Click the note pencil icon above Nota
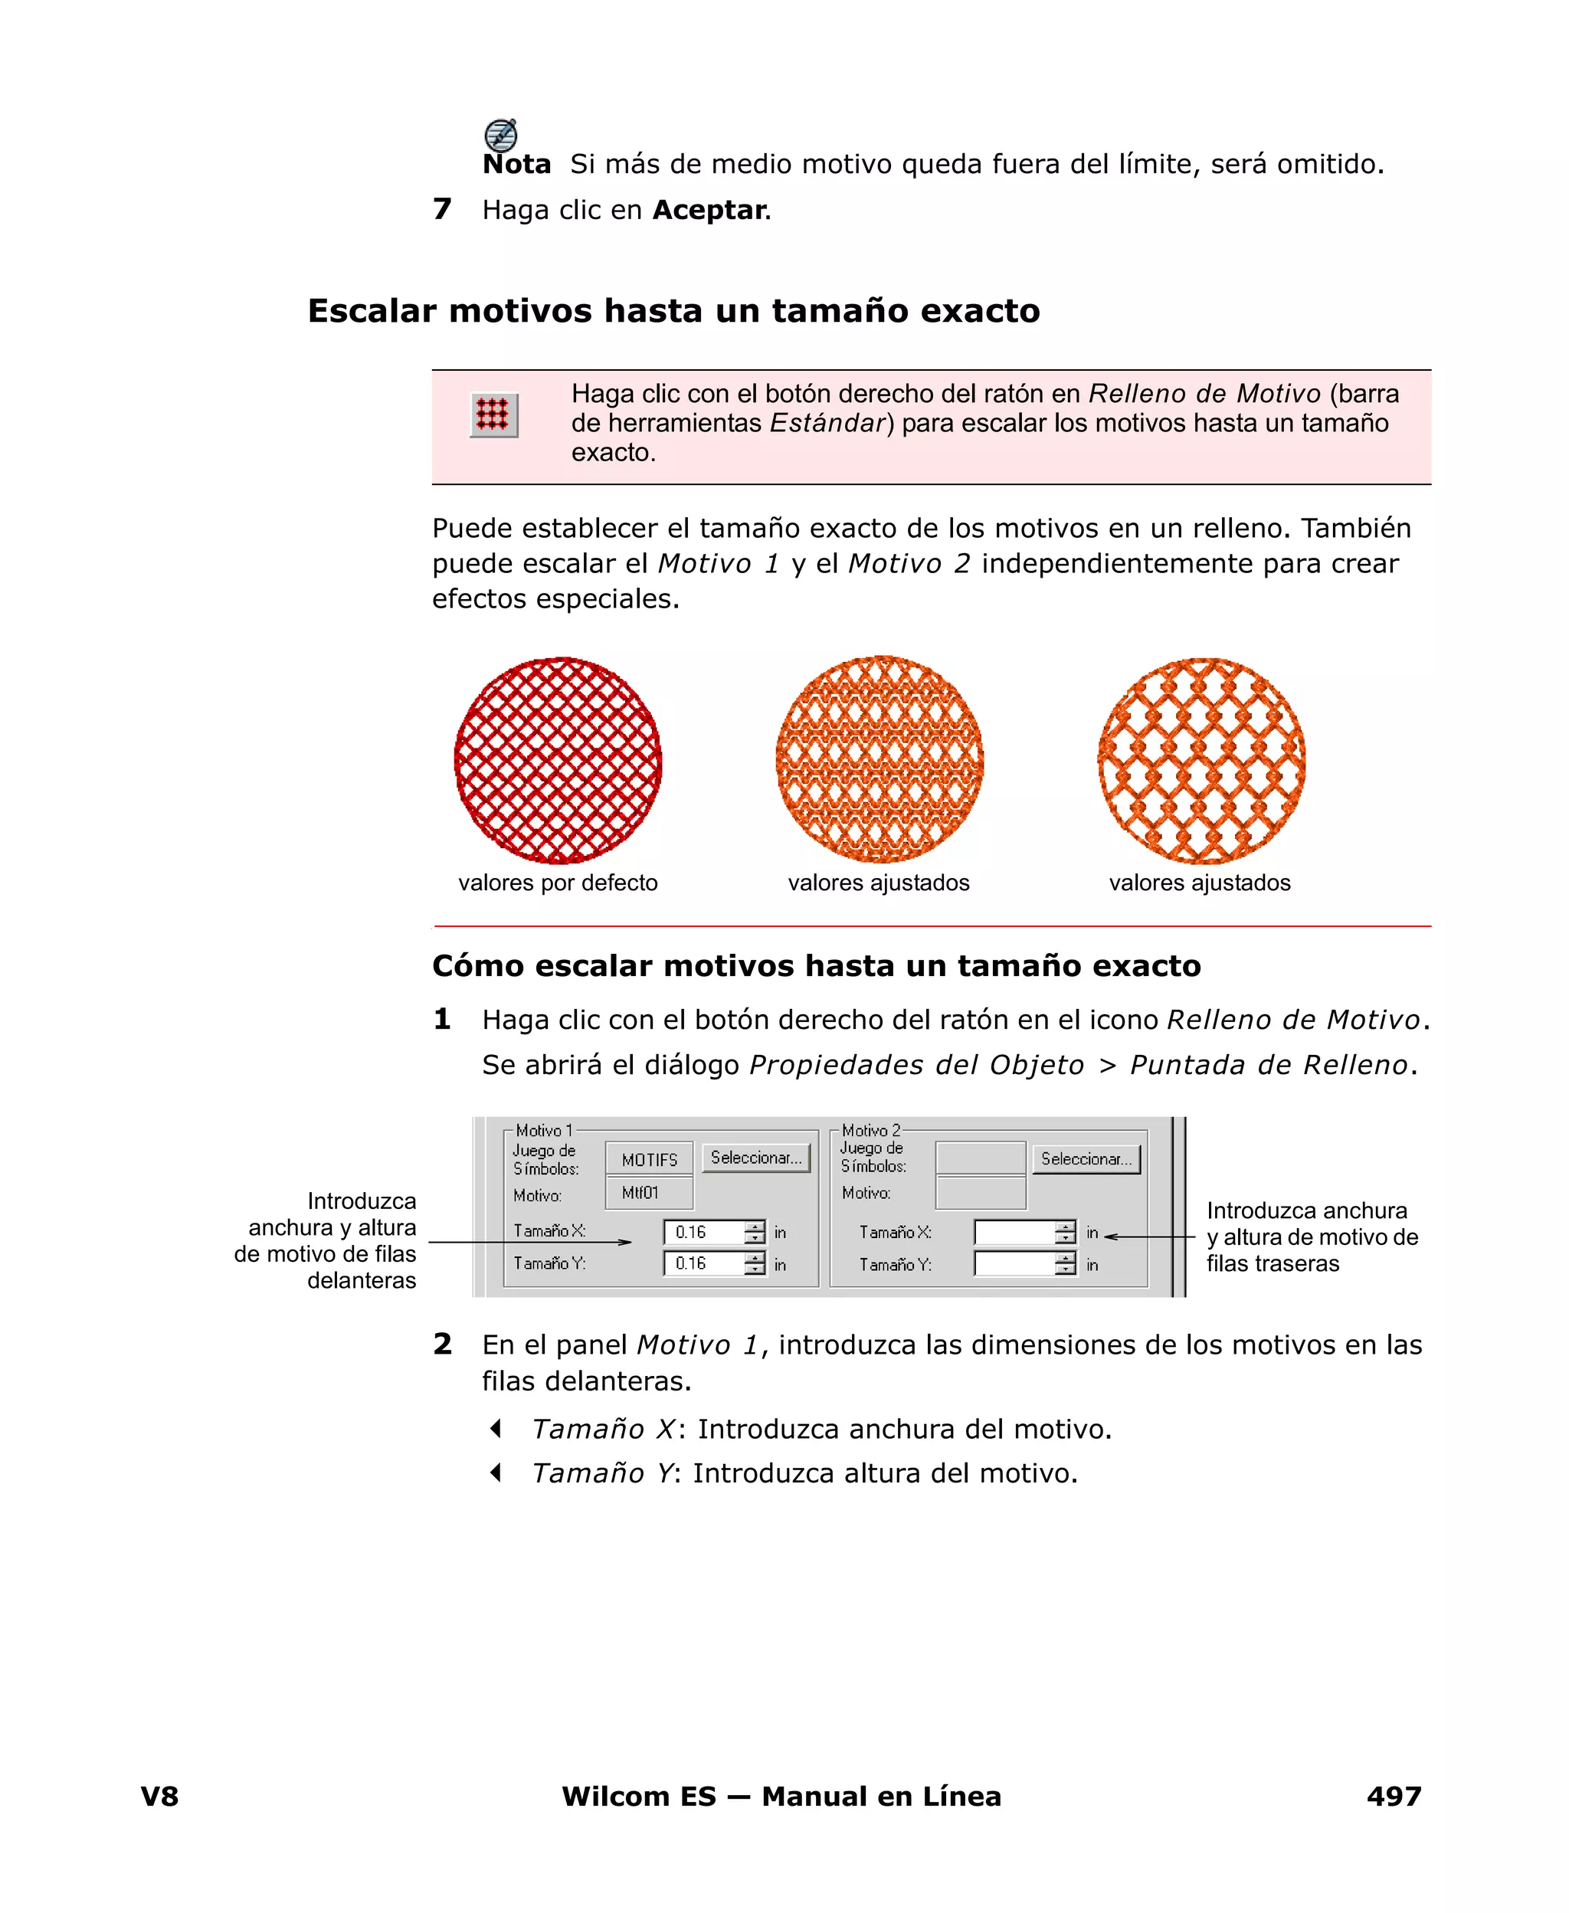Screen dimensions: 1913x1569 point(501,136)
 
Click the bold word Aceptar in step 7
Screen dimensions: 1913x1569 point(709,210)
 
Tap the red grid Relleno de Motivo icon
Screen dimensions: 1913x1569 point(493,414)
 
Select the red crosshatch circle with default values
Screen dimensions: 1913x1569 point(558,760)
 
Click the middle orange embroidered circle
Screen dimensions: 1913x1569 point(879,759)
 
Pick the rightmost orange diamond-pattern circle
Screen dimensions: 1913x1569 point(1201,760)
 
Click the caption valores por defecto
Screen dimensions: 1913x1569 point(558,883)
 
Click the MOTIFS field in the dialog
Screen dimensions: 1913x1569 point(649,1159)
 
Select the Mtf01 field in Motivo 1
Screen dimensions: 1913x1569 point(649,1193)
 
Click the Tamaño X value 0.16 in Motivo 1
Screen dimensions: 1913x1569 point(703,1232)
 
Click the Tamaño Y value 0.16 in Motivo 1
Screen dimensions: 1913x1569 point(703,1263)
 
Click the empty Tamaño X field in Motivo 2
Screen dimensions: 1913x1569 point(1013,1233)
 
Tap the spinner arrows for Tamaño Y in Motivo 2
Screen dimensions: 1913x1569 point(1066,1264)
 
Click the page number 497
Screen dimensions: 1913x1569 point(1394,1797)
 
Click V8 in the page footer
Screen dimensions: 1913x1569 point(159,1797)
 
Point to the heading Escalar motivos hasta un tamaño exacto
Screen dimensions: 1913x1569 point(673,311)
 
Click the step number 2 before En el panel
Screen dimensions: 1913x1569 point(442,1345)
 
